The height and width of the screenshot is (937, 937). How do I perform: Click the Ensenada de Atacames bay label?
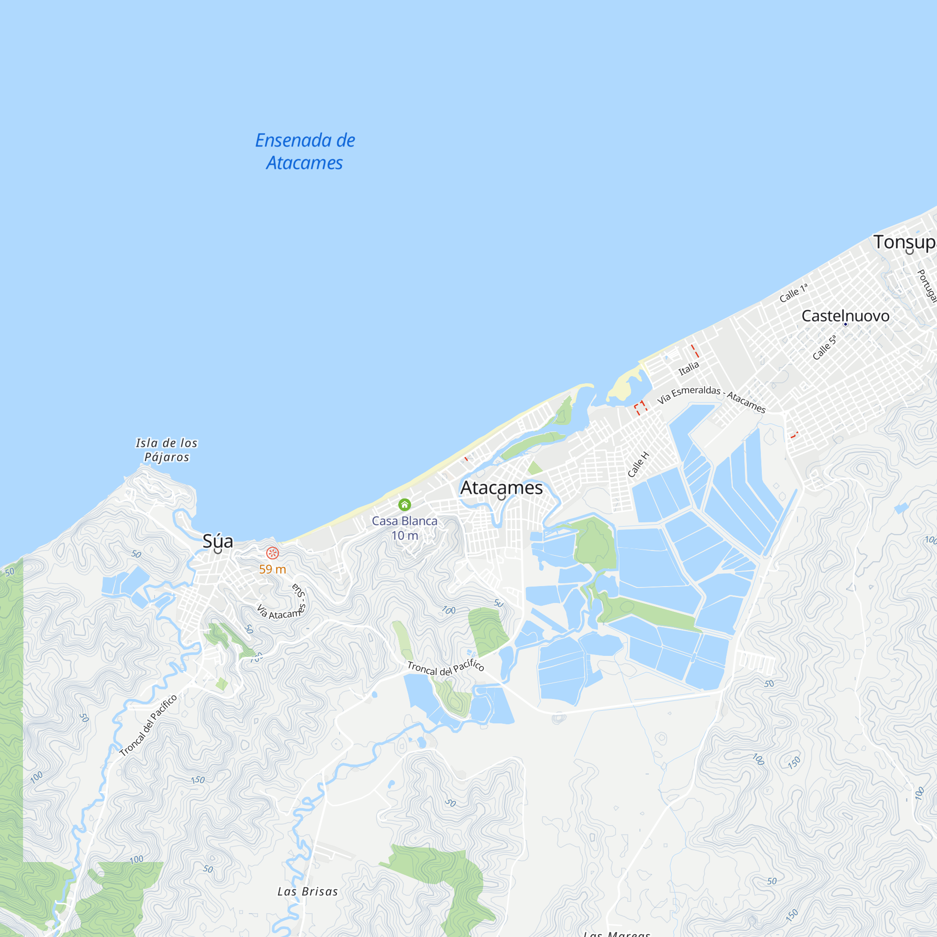coord(305,151)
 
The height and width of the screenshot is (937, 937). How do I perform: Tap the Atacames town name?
coord(501,487)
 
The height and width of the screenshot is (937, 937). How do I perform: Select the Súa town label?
coord(218,541)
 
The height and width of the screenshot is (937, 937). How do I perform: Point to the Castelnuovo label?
coord(845,316)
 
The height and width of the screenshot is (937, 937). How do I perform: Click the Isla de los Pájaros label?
coord(167,450)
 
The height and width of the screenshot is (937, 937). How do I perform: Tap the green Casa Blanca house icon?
coord(404,505)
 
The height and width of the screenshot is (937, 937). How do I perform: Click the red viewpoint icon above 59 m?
coord(273,553)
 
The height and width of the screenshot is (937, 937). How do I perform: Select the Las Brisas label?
coord(307,892)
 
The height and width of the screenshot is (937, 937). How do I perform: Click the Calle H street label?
coord(638,464)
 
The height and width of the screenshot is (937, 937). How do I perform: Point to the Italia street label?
coord(689,368)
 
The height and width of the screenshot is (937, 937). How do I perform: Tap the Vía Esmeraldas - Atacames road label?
coord(712,399)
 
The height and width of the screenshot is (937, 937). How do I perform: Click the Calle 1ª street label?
coord(794,293)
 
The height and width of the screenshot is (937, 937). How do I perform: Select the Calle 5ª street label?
coord(825,347)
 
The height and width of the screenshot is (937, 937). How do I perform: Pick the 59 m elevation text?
coord(273,569)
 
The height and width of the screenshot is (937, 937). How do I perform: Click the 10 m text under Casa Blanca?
coord(404,535)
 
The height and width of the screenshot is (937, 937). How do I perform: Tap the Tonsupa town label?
coord(905,242)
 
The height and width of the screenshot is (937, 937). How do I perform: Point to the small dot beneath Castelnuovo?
coord(845,324)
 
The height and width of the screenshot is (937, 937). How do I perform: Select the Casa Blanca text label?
coord(404,521)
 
